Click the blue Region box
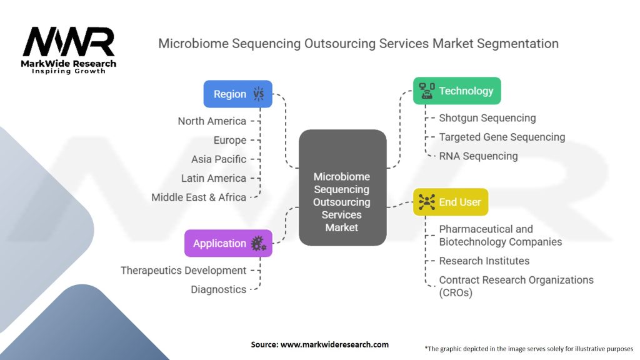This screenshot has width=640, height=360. [x=237, y=94]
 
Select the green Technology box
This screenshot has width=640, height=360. [x=457, y=91]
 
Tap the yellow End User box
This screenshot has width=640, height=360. [x=450, y=201]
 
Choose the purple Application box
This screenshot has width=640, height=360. [x=228, y=243]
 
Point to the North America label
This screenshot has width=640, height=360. [x=212, y=121]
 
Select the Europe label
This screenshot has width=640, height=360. [x=230, y=141]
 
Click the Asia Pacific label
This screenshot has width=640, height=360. [x=219, y=159]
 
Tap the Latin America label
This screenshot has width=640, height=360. [x=214, y=178]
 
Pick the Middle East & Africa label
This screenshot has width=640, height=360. [x=199, y=197]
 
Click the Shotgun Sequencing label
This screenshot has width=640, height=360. [x=487, y=118]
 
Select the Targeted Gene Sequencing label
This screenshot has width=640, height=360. [x=502, y=137]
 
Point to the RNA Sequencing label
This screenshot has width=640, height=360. [x=478, y=156]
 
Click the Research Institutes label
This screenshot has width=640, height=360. [x=484, y=261]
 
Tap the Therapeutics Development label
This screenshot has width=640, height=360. [x=183, y=271]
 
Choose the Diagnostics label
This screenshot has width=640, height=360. [x=218, y=289]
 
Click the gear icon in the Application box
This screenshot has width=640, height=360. [x=257, y=244]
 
